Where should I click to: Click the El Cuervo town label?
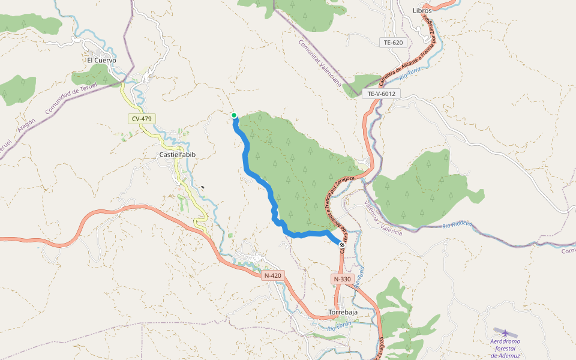point(101,60)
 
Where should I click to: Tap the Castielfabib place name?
point(178,155)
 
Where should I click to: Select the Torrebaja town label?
point(343,313)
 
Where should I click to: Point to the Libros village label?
point(422,10)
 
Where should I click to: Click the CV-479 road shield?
point(142,119)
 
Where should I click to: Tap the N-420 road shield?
point(272,275)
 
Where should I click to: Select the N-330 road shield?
point(341,279)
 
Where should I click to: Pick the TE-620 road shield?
point(393,43)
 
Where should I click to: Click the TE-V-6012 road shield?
point(381,94)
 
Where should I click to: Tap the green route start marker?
point(234,115)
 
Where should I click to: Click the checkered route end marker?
point(342,245)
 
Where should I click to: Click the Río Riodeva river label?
point(457,225)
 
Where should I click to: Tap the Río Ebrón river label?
point(340,326)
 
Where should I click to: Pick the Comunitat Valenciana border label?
point(319,64)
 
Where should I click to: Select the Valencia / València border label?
point(383,218)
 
